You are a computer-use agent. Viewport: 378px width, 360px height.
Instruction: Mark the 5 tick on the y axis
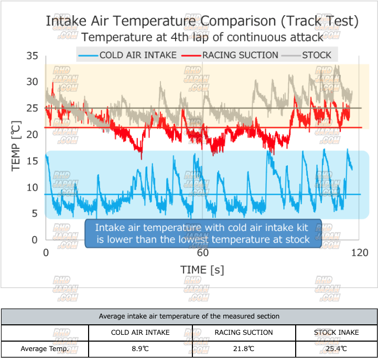tap(35, 214)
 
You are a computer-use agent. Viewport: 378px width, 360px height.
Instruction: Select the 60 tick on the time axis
tap(203, 252)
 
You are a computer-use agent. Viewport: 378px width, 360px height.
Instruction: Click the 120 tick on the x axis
tap(360, 252)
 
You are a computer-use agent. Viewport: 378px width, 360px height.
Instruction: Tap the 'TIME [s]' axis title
tap(202, 270)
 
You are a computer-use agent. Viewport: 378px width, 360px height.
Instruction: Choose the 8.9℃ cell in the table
tap(141, 348)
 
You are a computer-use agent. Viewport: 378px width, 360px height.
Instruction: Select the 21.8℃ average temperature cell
tap(244, 348)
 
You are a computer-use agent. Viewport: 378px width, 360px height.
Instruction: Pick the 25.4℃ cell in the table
tap(336, 348)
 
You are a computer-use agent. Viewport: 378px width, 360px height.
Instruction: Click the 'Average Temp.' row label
tap(44, 348)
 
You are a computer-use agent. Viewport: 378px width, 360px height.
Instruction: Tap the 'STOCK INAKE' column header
tap(336, 332)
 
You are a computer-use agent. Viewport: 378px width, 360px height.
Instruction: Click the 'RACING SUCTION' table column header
tap(244, 332)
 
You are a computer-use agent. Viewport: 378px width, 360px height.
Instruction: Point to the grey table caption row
tap(189, 316)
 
